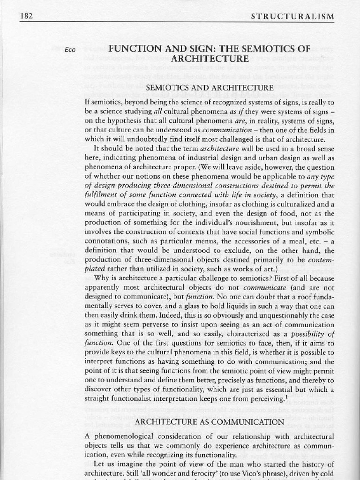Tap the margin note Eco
click(x=71, y=49)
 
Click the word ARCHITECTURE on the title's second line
click(x=210, y=59)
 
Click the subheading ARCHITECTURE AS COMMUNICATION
click(x=210, y=422)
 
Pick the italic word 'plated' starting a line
click(x=95, y=269)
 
